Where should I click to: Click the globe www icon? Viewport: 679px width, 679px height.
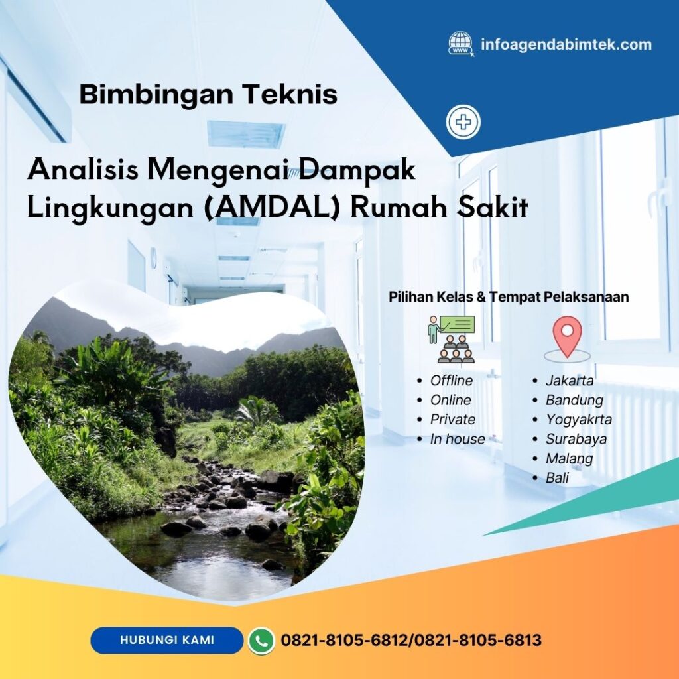click(x=461, y=44)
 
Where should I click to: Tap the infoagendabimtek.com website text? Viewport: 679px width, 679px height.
click(x=566, y=45)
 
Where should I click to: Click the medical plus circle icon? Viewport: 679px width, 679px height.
click(x=463, y=123)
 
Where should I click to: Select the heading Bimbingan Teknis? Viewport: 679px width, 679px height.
click(x=208, y=95)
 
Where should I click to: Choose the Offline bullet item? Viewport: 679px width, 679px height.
click(x=451, y=381)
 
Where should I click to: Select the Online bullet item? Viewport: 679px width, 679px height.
click(x=450, y=400)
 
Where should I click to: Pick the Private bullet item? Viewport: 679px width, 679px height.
click(x=452, y=419)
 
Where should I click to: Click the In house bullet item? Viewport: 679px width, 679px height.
click(x=457, y=439)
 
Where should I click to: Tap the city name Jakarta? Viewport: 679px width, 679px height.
click(x=569, y=381)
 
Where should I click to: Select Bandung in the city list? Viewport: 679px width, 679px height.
click(x=574, y=400)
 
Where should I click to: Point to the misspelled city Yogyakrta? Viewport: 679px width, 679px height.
click(x=578, y=419)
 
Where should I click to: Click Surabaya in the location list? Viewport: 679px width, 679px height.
click(x=576, y=439)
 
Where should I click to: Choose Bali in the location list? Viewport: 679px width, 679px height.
click(x=557, y=477)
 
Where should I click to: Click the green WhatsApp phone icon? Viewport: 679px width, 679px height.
click(x=261, y=641)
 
